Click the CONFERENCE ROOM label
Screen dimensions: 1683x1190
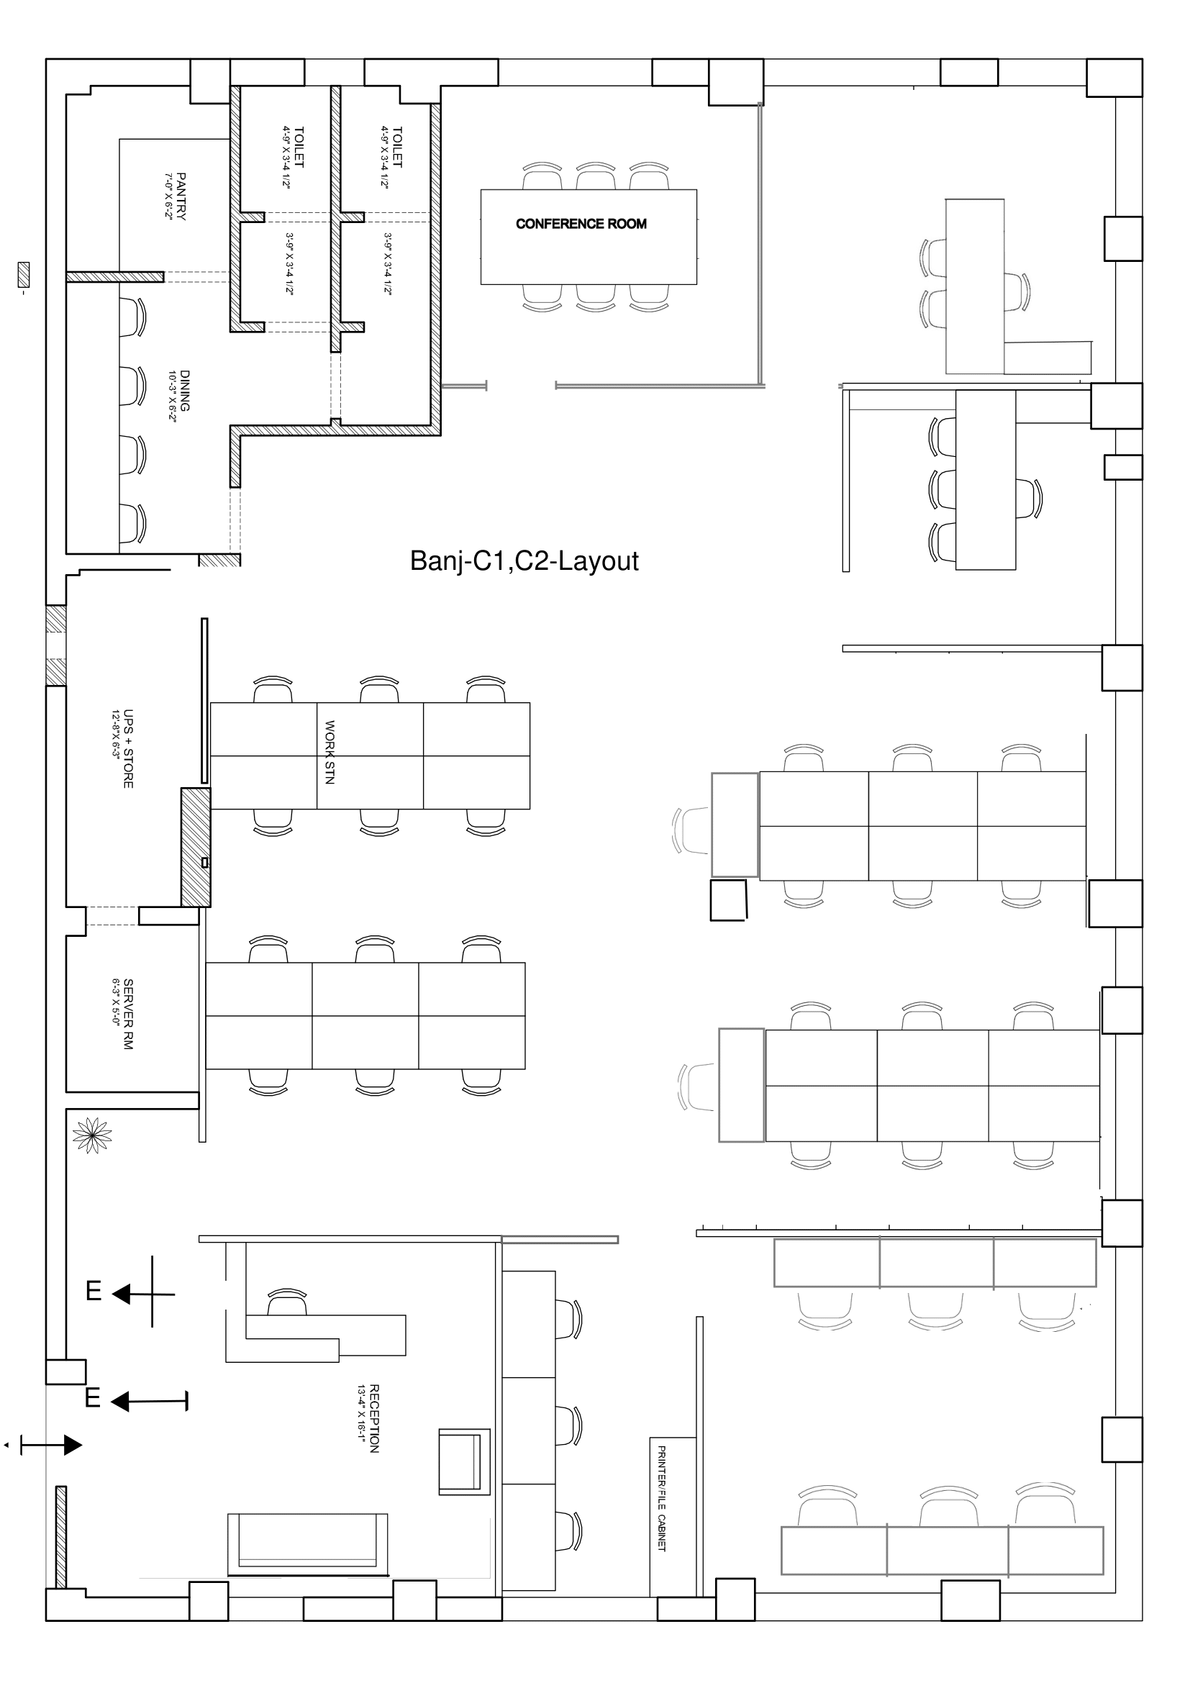pyautogui.click(x=581, y=224)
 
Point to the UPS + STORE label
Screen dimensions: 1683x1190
pyautogui.click(x=128, y=748)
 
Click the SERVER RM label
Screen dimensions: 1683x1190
pyautogui.click(x=128, y=1014)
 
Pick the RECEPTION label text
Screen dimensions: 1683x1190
pyautogui.click(x=373, y=1418)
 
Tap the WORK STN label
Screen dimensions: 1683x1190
pyautogui.click(x=330, y=752)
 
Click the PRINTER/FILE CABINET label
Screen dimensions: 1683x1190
pyautogui.click(x=661, y=1498)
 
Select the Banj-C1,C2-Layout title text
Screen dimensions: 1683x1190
pyautogui.click(x=524, y=561)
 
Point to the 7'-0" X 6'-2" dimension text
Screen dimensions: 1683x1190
pyautogui.click(x=168, y=196)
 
